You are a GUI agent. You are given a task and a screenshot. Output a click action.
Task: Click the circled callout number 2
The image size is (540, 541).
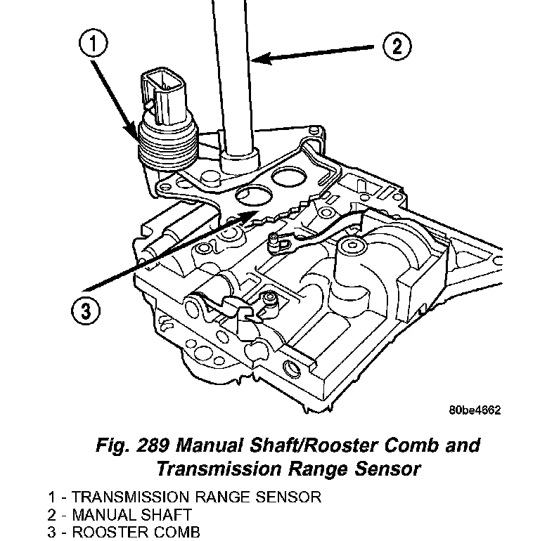pyautogui.click(x=396, y=46)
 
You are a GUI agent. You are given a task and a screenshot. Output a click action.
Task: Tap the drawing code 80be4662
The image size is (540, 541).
pyautogui.click(x=475, y=411)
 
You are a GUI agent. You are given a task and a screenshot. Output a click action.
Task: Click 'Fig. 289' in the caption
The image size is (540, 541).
pyautogui.click(x=129, y=445)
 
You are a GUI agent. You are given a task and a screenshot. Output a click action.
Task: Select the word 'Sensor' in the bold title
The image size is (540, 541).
pyautogui.click(x=388, y=468)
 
